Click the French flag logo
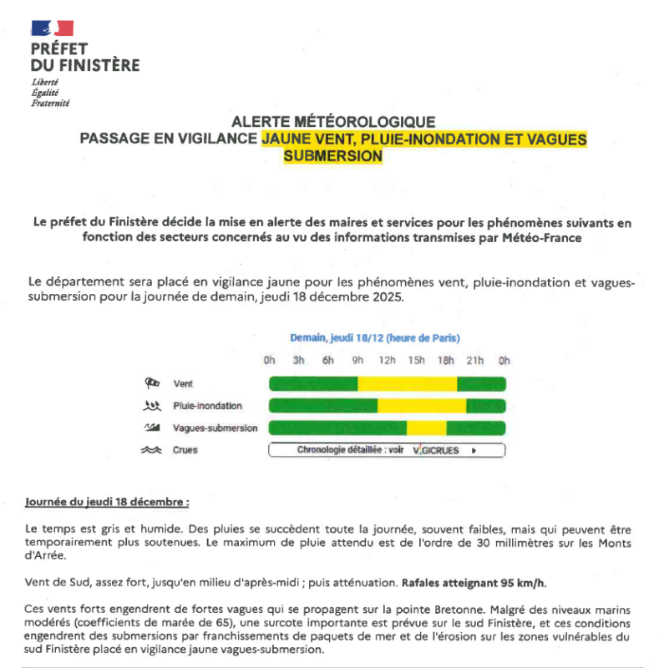[52, 28]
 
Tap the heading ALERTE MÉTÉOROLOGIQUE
[332, 122]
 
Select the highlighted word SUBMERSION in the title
[332, 155]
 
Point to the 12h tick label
[388, 361]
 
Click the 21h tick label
[475, 361]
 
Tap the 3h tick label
[298, 361]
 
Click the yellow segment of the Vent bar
[408, 384]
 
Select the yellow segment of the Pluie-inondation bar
[422, 406]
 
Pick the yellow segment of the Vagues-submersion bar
[426, 428]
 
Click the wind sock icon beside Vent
[151, 383]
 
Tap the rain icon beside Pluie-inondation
[151, 406]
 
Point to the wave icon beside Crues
[151, 450]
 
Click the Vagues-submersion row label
[215, 428]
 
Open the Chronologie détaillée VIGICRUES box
[387, 450]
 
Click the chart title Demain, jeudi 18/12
[375, 338]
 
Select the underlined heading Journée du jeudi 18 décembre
[107, 503]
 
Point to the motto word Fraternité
[50, 103]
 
